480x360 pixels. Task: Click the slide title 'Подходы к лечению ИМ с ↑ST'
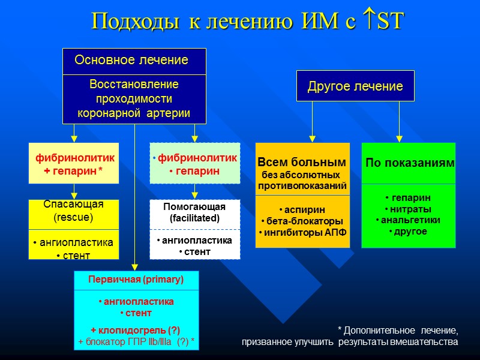(248, 22)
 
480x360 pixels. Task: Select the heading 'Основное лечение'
(131, 61)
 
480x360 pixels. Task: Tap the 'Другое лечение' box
(355, 86)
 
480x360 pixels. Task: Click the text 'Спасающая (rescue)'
(74, 211)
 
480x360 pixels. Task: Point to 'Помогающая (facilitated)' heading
(194, 212)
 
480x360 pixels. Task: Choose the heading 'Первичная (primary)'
(136, 280)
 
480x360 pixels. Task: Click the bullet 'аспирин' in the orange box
(303, 209)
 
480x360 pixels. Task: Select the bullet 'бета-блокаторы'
(303, 221)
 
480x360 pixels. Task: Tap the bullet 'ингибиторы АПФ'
(303, 232)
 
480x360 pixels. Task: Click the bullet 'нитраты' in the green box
(409, 209)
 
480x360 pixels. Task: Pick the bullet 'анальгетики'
(409, 220)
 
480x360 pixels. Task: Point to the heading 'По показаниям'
(410, 163)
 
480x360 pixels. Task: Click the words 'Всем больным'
(302, 162)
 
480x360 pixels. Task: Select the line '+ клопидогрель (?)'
(136, 330)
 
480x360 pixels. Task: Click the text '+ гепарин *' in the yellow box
(74, 171)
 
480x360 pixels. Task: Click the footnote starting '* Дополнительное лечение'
(350, 336)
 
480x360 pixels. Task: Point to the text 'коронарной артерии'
(134, 113)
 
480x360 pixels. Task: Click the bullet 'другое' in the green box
(409, 232)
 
